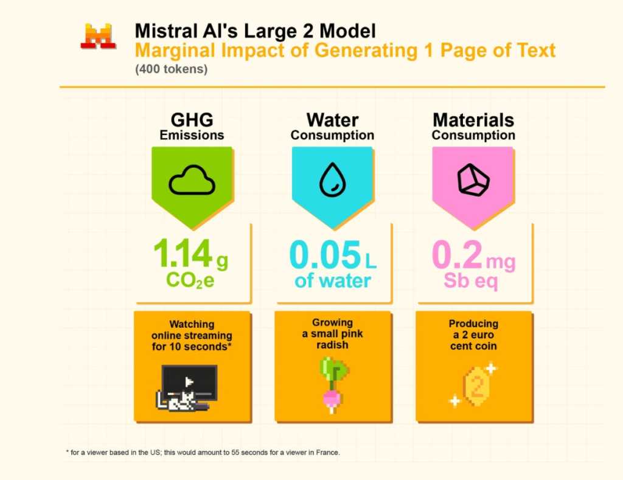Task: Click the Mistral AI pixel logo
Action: coord(98,36)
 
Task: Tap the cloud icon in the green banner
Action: coord(192,181)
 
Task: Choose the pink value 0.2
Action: coord(456,256)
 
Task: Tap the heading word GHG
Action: coord(192,120)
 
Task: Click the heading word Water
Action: coord(332,120)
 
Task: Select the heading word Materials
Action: coord(473,120)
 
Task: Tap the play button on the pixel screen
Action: coord(189,381)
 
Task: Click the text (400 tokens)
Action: coord(172,69)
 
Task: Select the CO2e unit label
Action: coord(190,282)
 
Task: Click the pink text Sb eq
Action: coord(472,282)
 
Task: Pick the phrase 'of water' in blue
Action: coord(332,282)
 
